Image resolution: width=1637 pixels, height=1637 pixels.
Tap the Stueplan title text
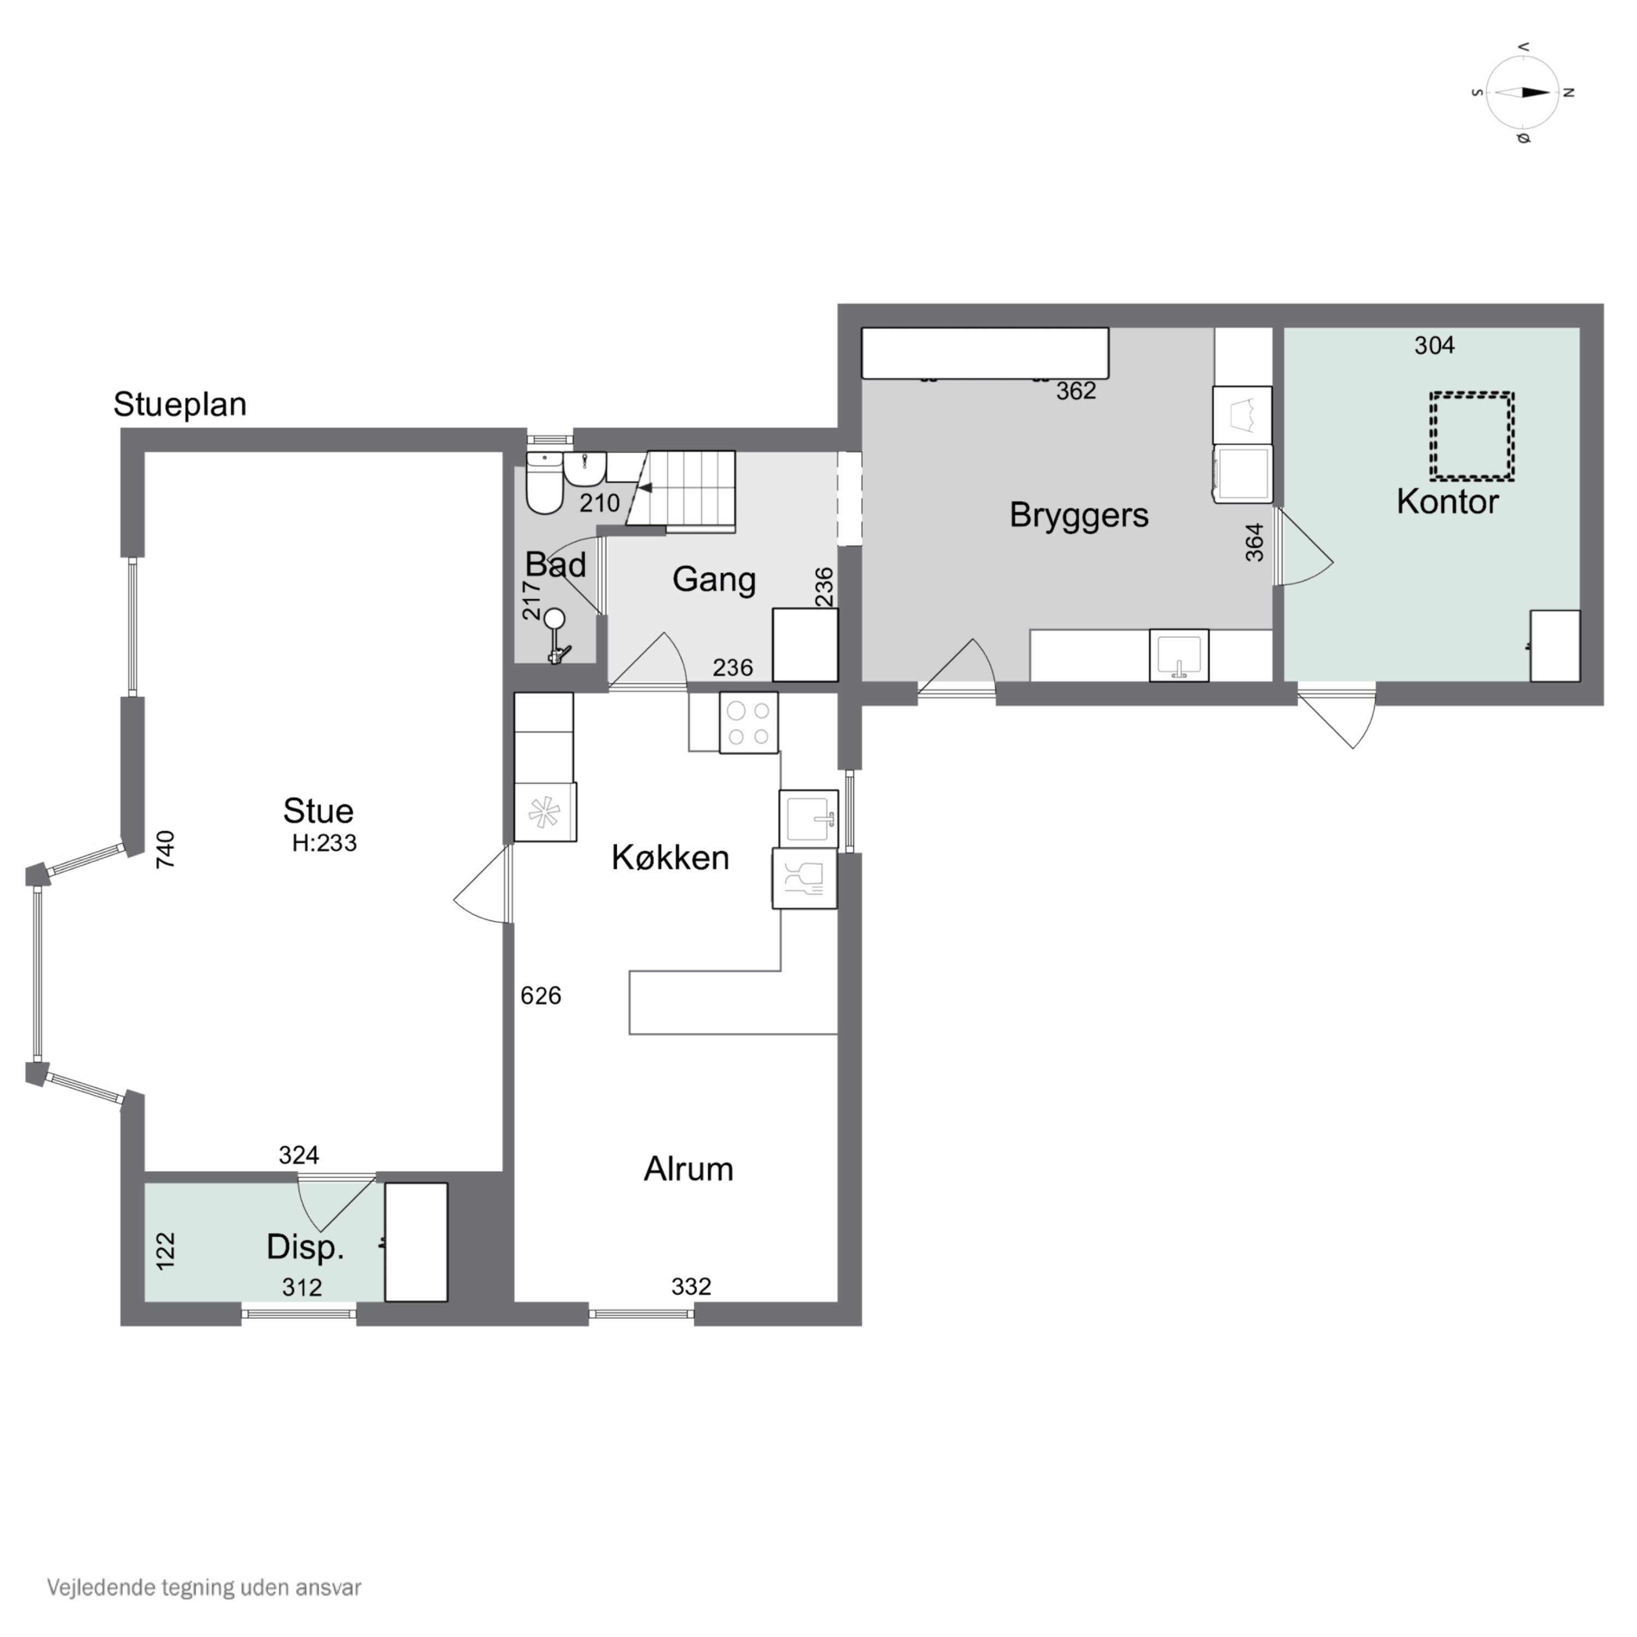click(180, 405)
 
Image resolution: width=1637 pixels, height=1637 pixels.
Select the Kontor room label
click(1447, 501)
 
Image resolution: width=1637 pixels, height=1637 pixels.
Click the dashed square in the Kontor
click(1472, 435)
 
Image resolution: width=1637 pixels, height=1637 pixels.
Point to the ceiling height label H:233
click(325, 843)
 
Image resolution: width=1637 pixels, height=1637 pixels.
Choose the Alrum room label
click(688, 1169)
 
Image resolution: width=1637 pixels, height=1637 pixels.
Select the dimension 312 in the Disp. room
click(302, 1288)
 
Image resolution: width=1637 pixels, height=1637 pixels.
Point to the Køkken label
click(670, 857)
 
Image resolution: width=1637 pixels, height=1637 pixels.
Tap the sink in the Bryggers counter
click(1179, 655)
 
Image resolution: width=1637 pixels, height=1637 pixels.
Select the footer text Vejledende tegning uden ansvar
click(204, 1587)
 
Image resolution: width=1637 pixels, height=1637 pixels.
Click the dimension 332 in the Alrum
click(691, 1286)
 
